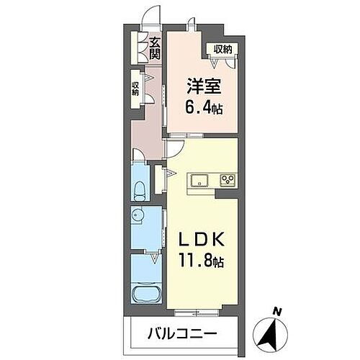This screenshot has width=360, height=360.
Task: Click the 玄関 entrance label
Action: (154, 48)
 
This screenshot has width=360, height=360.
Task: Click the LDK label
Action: (202, 238)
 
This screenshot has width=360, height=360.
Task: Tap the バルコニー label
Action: (182, 334)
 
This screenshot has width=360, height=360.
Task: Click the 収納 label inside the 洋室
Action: (222, 49)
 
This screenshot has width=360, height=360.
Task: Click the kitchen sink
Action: (198, 179)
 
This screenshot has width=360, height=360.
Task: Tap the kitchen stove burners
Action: (229, 180)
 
